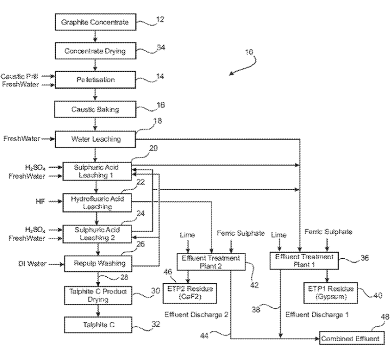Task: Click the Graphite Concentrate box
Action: [95, 22]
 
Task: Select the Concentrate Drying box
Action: [95, 51]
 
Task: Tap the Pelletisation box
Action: [95, 80]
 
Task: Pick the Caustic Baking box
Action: [95, 109]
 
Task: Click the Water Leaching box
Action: [95, 139]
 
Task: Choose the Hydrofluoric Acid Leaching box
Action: [97, 202]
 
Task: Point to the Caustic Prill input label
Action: [19, 76]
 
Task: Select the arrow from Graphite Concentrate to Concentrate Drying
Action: [95, 36]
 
